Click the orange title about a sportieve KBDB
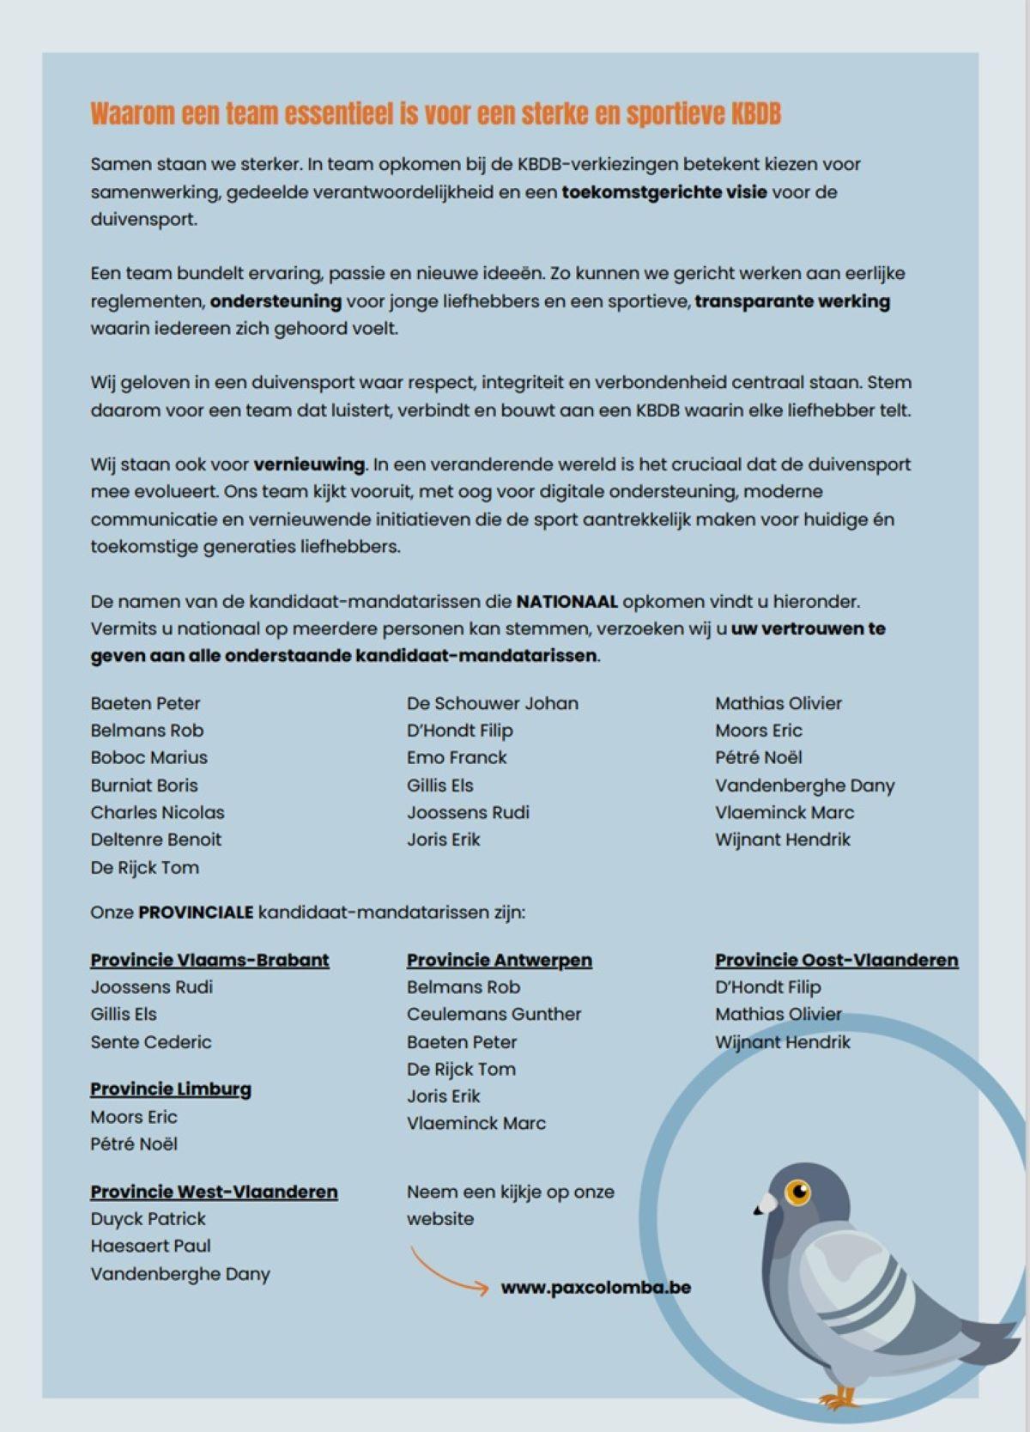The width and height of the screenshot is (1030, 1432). tap(435, 114)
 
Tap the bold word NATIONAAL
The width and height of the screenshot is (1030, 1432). tap(566, 601)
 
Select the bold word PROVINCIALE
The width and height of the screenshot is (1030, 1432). tap(196, 912)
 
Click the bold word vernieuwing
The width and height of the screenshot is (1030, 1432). tap(309, 464)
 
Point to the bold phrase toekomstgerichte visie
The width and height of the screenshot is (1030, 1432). tap(663, 191)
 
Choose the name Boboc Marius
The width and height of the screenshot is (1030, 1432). tap(148, 757)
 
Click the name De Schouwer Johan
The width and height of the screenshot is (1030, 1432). tap(492, 703)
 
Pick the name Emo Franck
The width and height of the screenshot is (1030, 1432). tap(457, 757)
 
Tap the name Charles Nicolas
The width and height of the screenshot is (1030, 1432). tap(157, 812)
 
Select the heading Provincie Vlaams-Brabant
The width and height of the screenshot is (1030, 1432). tap(209, 960)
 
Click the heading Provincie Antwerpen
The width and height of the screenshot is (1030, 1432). tap(499, 960)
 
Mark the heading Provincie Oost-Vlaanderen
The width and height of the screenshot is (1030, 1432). tap(836, 960)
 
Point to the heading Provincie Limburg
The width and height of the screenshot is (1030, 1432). tap(171, 1089)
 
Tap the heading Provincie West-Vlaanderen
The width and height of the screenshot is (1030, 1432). tap(214, 1192)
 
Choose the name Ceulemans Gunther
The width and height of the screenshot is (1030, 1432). tap(494, 1014)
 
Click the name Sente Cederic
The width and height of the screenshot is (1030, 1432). tap(150, 1041)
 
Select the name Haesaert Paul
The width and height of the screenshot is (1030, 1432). tap(150, 1246)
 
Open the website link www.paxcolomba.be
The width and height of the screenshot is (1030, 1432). tap(596, 1287)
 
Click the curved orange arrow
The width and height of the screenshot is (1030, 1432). tap(447, 1271)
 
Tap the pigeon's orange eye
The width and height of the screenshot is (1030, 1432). tap(799, 1191)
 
